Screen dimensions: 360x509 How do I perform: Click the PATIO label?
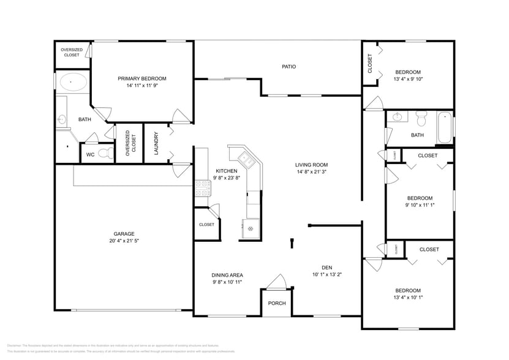289,66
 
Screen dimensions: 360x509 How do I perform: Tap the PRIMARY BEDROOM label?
142,78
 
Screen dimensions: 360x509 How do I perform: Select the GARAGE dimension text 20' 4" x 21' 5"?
124,241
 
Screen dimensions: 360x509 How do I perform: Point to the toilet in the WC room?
106,154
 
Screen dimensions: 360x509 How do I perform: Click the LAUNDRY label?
157,144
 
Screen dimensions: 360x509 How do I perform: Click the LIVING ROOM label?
312,165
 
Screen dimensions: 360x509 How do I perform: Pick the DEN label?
327,267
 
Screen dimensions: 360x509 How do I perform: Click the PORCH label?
277,303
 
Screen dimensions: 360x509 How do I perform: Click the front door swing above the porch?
277,282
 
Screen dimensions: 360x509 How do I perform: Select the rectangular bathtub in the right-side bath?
445,127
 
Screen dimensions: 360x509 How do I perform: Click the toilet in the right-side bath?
421,116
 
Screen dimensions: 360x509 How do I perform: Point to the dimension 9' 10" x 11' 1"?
420,206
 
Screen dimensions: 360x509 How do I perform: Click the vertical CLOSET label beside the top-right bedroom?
370,64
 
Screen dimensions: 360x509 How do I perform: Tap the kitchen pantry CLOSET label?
206,225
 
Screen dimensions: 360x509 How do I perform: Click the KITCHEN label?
222,171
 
